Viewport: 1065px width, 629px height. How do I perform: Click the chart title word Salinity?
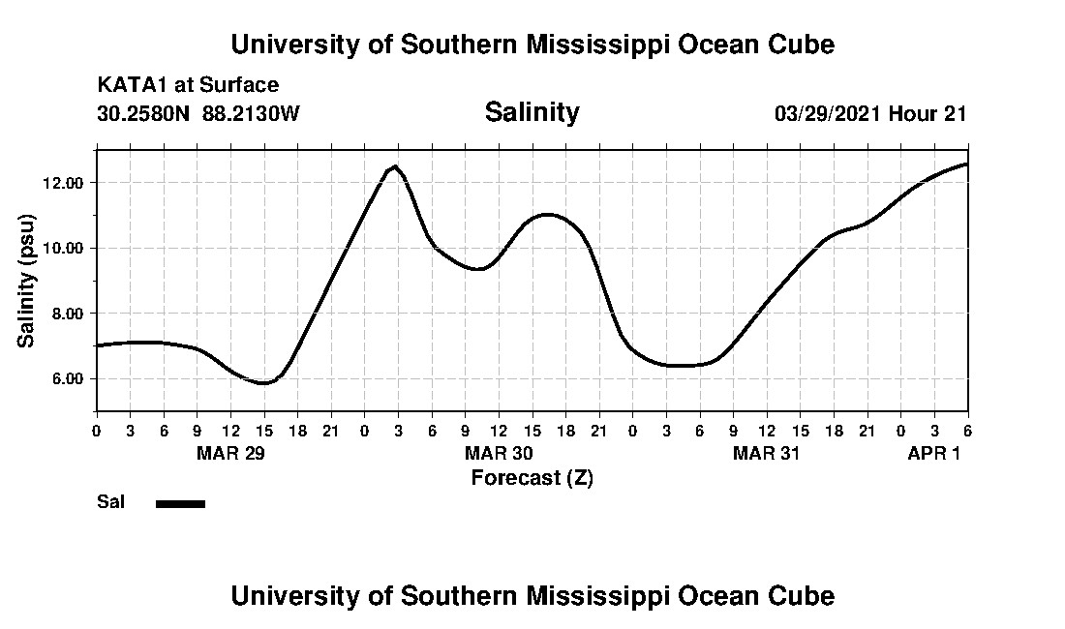click(x=532, y=112)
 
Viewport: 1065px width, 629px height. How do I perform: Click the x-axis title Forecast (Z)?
click(x=532, y=477)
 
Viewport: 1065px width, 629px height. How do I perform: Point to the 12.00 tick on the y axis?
click(x=63, y=183)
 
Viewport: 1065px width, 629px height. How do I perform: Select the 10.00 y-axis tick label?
click(x=63, y=248)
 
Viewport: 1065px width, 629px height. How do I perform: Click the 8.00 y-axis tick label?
click(x=67, y=314)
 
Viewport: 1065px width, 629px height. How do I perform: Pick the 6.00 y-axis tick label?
click(x=67, y=378)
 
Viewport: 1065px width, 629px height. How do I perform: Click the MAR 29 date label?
click(x=230, y=453)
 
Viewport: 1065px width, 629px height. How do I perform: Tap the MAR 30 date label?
click(x=499, y=453)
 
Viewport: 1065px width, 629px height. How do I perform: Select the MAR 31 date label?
click(x=767, y=453)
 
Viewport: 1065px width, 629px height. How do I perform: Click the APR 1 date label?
click(x=933, y=453)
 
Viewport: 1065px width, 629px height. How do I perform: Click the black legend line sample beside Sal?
click(x=180, y=503)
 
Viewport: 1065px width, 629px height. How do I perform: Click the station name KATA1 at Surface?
click(x=188, y=85)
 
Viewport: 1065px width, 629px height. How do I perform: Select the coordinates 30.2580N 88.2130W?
click(x=198, y=113)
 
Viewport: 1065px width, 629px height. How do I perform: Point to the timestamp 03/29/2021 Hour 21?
click(x=870, y=113)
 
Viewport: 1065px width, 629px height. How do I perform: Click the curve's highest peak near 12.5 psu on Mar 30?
click(x=394, y=166)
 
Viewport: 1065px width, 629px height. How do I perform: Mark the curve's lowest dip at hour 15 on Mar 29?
click(x=263, y=383)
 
